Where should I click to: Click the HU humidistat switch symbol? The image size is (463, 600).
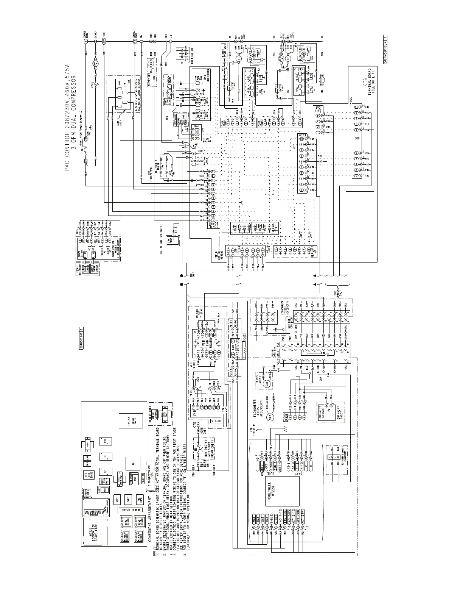pyautogui.click(x=196, y=453)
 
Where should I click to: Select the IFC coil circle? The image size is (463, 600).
pyautogui.click(x=151, y=62)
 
